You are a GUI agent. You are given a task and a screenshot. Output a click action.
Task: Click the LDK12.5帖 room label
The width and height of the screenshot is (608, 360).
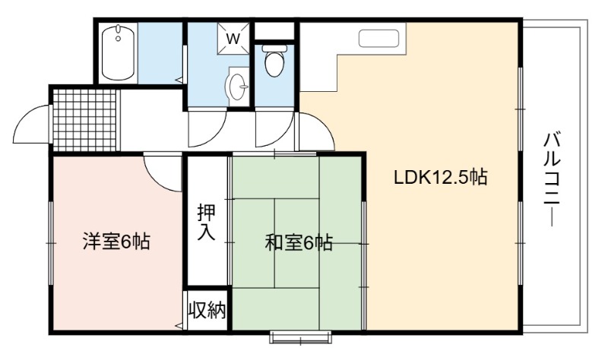441,178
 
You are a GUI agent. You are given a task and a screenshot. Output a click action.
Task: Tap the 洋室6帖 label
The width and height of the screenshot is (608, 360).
116,242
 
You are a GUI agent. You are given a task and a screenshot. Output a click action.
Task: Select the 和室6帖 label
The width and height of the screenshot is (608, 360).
299,243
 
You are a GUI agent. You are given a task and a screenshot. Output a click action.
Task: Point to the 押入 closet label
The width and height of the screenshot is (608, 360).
206,222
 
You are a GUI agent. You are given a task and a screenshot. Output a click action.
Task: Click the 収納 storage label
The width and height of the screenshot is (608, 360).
207,310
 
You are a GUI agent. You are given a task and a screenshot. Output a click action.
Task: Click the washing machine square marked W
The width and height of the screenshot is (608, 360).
233,39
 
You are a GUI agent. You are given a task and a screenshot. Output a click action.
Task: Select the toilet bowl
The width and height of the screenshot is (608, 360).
274,60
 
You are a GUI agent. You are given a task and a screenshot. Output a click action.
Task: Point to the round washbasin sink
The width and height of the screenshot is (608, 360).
237,86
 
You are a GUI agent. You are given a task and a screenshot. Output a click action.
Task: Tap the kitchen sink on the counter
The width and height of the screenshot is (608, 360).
378,39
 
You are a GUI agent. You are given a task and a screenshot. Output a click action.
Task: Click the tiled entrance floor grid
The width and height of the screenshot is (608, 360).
84,121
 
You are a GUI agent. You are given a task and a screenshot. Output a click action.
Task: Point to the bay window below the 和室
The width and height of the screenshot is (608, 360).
301,337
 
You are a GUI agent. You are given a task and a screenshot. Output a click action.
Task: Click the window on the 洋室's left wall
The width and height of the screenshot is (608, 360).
50,243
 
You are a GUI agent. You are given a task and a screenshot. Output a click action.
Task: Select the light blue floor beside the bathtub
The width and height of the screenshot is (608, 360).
160,52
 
